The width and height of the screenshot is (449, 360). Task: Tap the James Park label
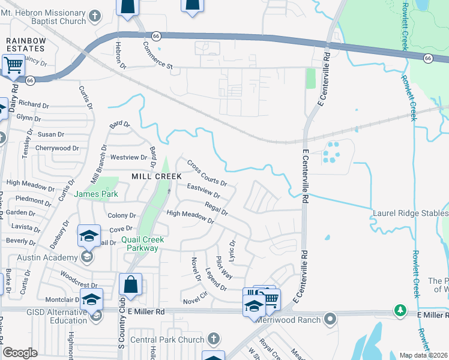click(96, 194)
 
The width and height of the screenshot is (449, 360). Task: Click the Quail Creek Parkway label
click(140, 243)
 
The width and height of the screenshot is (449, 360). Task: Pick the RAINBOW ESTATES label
click(26, 44)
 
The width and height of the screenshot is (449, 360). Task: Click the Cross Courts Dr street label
click(206, 173)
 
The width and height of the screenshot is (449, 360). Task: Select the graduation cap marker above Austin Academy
click(89, 236)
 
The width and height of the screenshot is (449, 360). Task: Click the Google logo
click(20, 353)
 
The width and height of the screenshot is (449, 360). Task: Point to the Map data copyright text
click(424, 355)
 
